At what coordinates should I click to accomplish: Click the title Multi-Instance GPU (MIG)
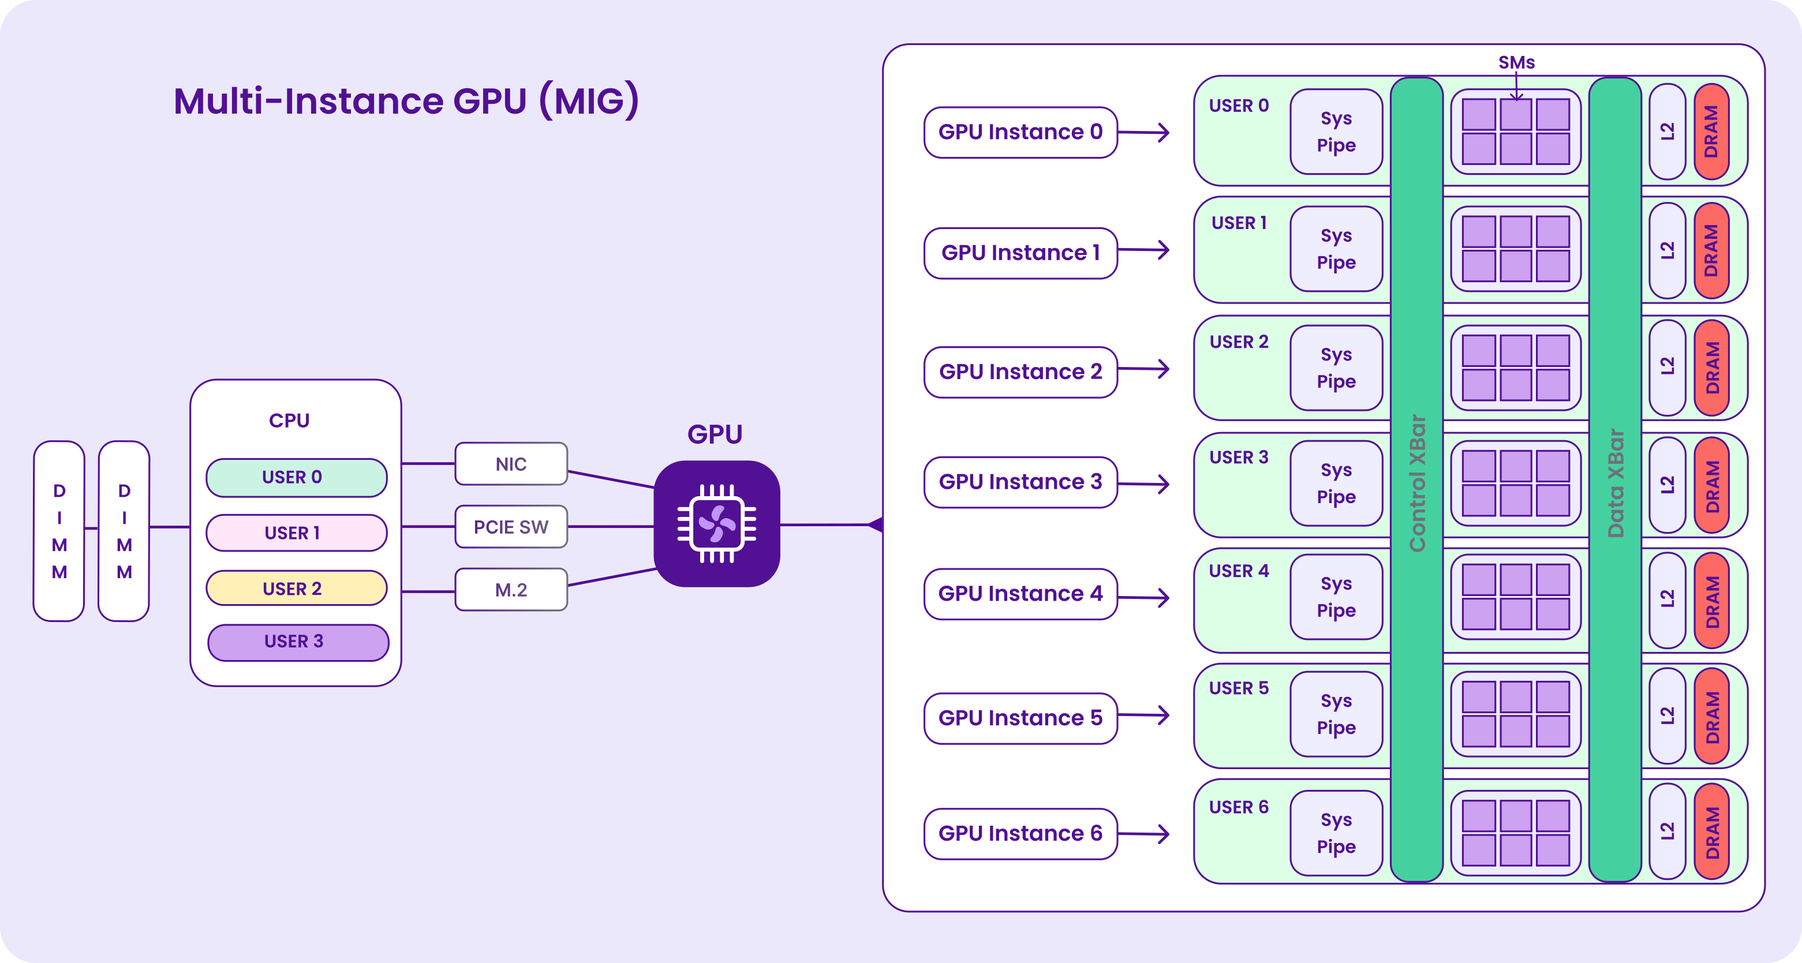click(406, 101)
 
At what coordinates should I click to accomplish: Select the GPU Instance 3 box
click(1020, 482)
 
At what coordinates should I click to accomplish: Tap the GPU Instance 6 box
click(1020, 834)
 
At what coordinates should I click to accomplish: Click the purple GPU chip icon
click(716, 523)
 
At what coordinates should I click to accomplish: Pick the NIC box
click(511, 464)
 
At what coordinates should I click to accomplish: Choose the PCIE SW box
click(511, 527)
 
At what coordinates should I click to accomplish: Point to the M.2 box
click(511, 590)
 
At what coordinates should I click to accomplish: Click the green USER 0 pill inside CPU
click(296, 478)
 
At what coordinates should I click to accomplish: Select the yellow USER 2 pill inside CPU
click(296, 588)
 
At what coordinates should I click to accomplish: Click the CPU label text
click(289, 420)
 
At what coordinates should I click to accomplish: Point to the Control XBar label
click(1417, 482)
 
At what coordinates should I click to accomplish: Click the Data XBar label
click(1615, 482)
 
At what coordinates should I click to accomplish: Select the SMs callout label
click(1516, 63)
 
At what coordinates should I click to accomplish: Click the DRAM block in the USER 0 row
click(1711, 132)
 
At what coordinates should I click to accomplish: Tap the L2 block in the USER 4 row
click(1667, 599)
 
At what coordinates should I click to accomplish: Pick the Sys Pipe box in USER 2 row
click(1336, 368)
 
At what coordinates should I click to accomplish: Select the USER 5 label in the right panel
click(1238, 688)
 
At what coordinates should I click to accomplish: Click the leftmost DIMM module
click(59, 531)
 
